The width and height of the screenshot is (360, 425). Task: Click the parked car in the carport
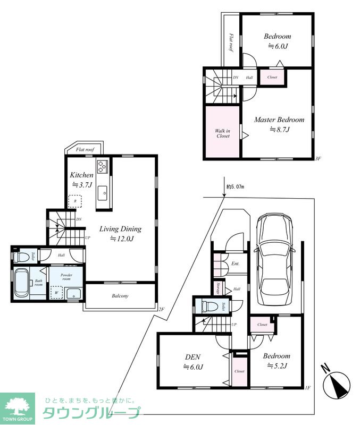point(275,259)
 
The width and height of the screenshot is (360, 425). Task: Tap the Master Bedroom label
point(279,120)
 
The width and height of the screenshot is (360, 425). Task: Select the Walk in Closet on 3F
point(222,131)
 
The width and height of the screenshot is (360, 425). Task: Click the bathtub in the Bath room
point(22,283)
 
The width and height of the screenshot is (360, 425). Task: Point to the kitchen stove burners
point(103,166)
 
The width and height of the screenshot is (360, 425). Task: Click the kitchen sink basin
point(102,193)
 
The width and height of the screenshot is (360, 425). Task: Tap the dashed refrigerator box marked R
point(75,201)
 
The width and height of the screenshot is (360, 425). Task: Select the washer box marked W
point(56,293)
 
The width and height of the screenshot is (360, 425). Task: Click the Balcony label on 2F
point(120,296)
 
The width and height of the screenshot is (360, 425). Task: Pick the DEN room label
point(193,357)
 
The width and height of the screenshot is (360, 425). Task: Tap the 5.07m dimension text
point(235,187)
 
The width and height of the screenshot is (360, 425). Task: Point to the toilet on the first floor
point(210,307)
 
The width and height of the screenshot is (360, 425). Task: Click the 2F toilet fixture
point(20,257)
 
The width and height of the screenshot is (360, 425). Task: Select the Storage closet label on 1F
point(218,288)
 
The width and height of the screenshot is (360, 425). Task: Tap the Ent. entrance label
point(235,263)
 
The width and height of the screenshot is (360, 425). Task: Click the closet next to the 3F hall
point(272,77)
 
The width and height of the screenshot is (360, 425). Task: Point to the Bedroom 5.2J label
point(277,361)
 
